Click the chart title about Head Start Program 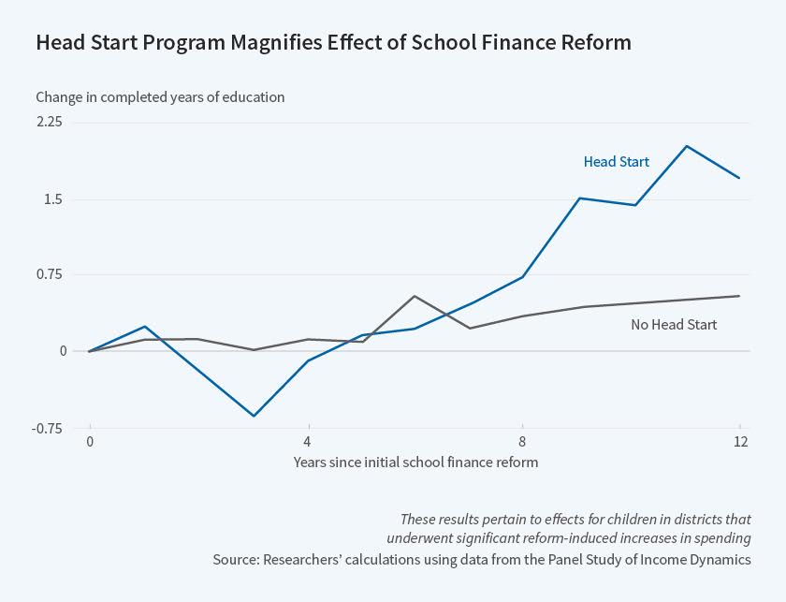click(333, 43)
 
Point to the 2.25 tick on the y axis click(50, 122)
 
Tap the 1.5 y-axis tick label click(52, 198)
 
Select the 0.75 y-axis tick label click(50, 274)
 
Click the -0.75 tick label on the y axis click(48, 428)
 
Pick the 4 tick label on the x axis click(306, 441)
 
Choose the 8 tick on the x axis click(523, 441)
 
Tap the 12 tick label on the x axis click(740, 441)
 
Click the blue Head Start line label click(616, 162)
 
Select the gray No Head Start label click(674, 325)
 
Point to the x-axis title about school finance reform click(415, 462)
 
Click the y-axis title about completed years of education click(160, 96)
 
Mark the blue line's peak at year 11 click(686, 146)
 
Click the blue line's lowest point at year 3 click(253, 416)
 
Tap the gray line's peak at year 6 click(415, 296)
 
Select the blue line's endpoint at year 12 click(739, 178)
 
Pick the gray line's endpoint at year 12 click(739, 296)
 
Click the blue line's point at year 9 click(579, 198)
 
